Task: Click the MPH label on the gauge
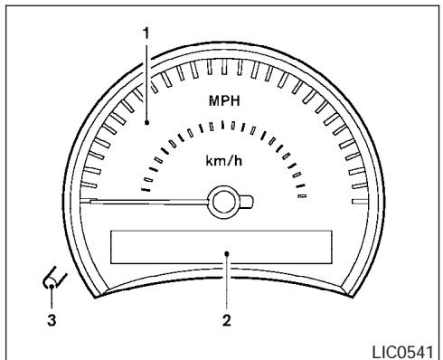[x=224, y=100]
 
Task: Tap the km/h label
[x=224, y=161]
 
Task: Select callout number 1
[x=146, y=33]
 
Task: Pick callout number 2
[x=227, y=320]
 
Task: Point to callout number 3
[x=52, y=320]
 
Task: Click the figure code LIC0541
[x=403, y=352]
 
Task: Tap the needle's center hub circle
[x=224, y=202]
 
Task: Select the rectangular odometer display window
[x=221, y=247]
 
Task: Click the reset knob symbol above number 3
[x=54, y=279]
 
